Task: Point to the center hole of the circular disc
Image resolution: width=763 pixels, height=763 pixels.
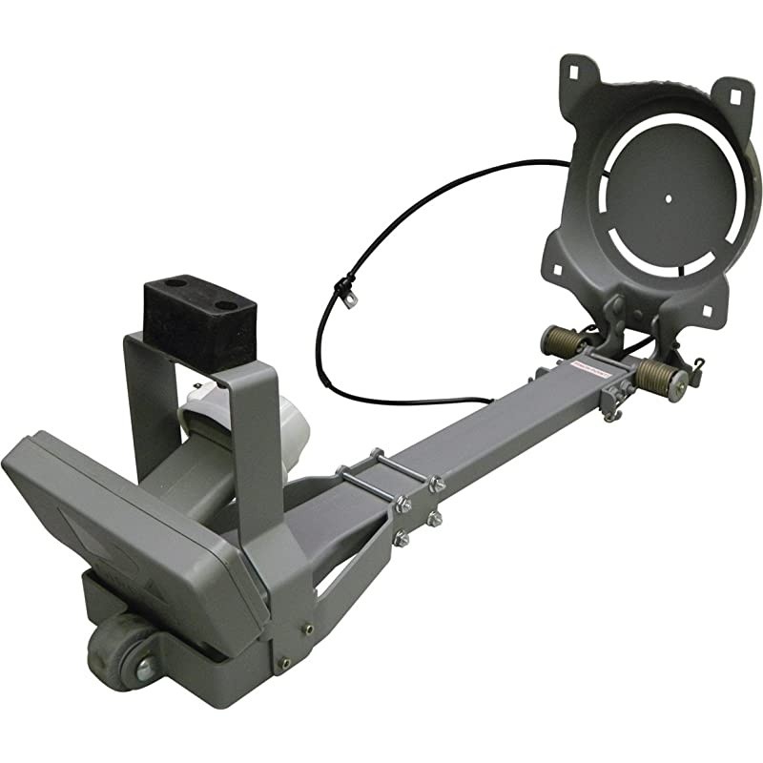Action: [668, 198]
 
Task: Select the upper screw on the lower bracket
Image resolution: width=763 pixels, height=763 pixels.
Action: [307, 628]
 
